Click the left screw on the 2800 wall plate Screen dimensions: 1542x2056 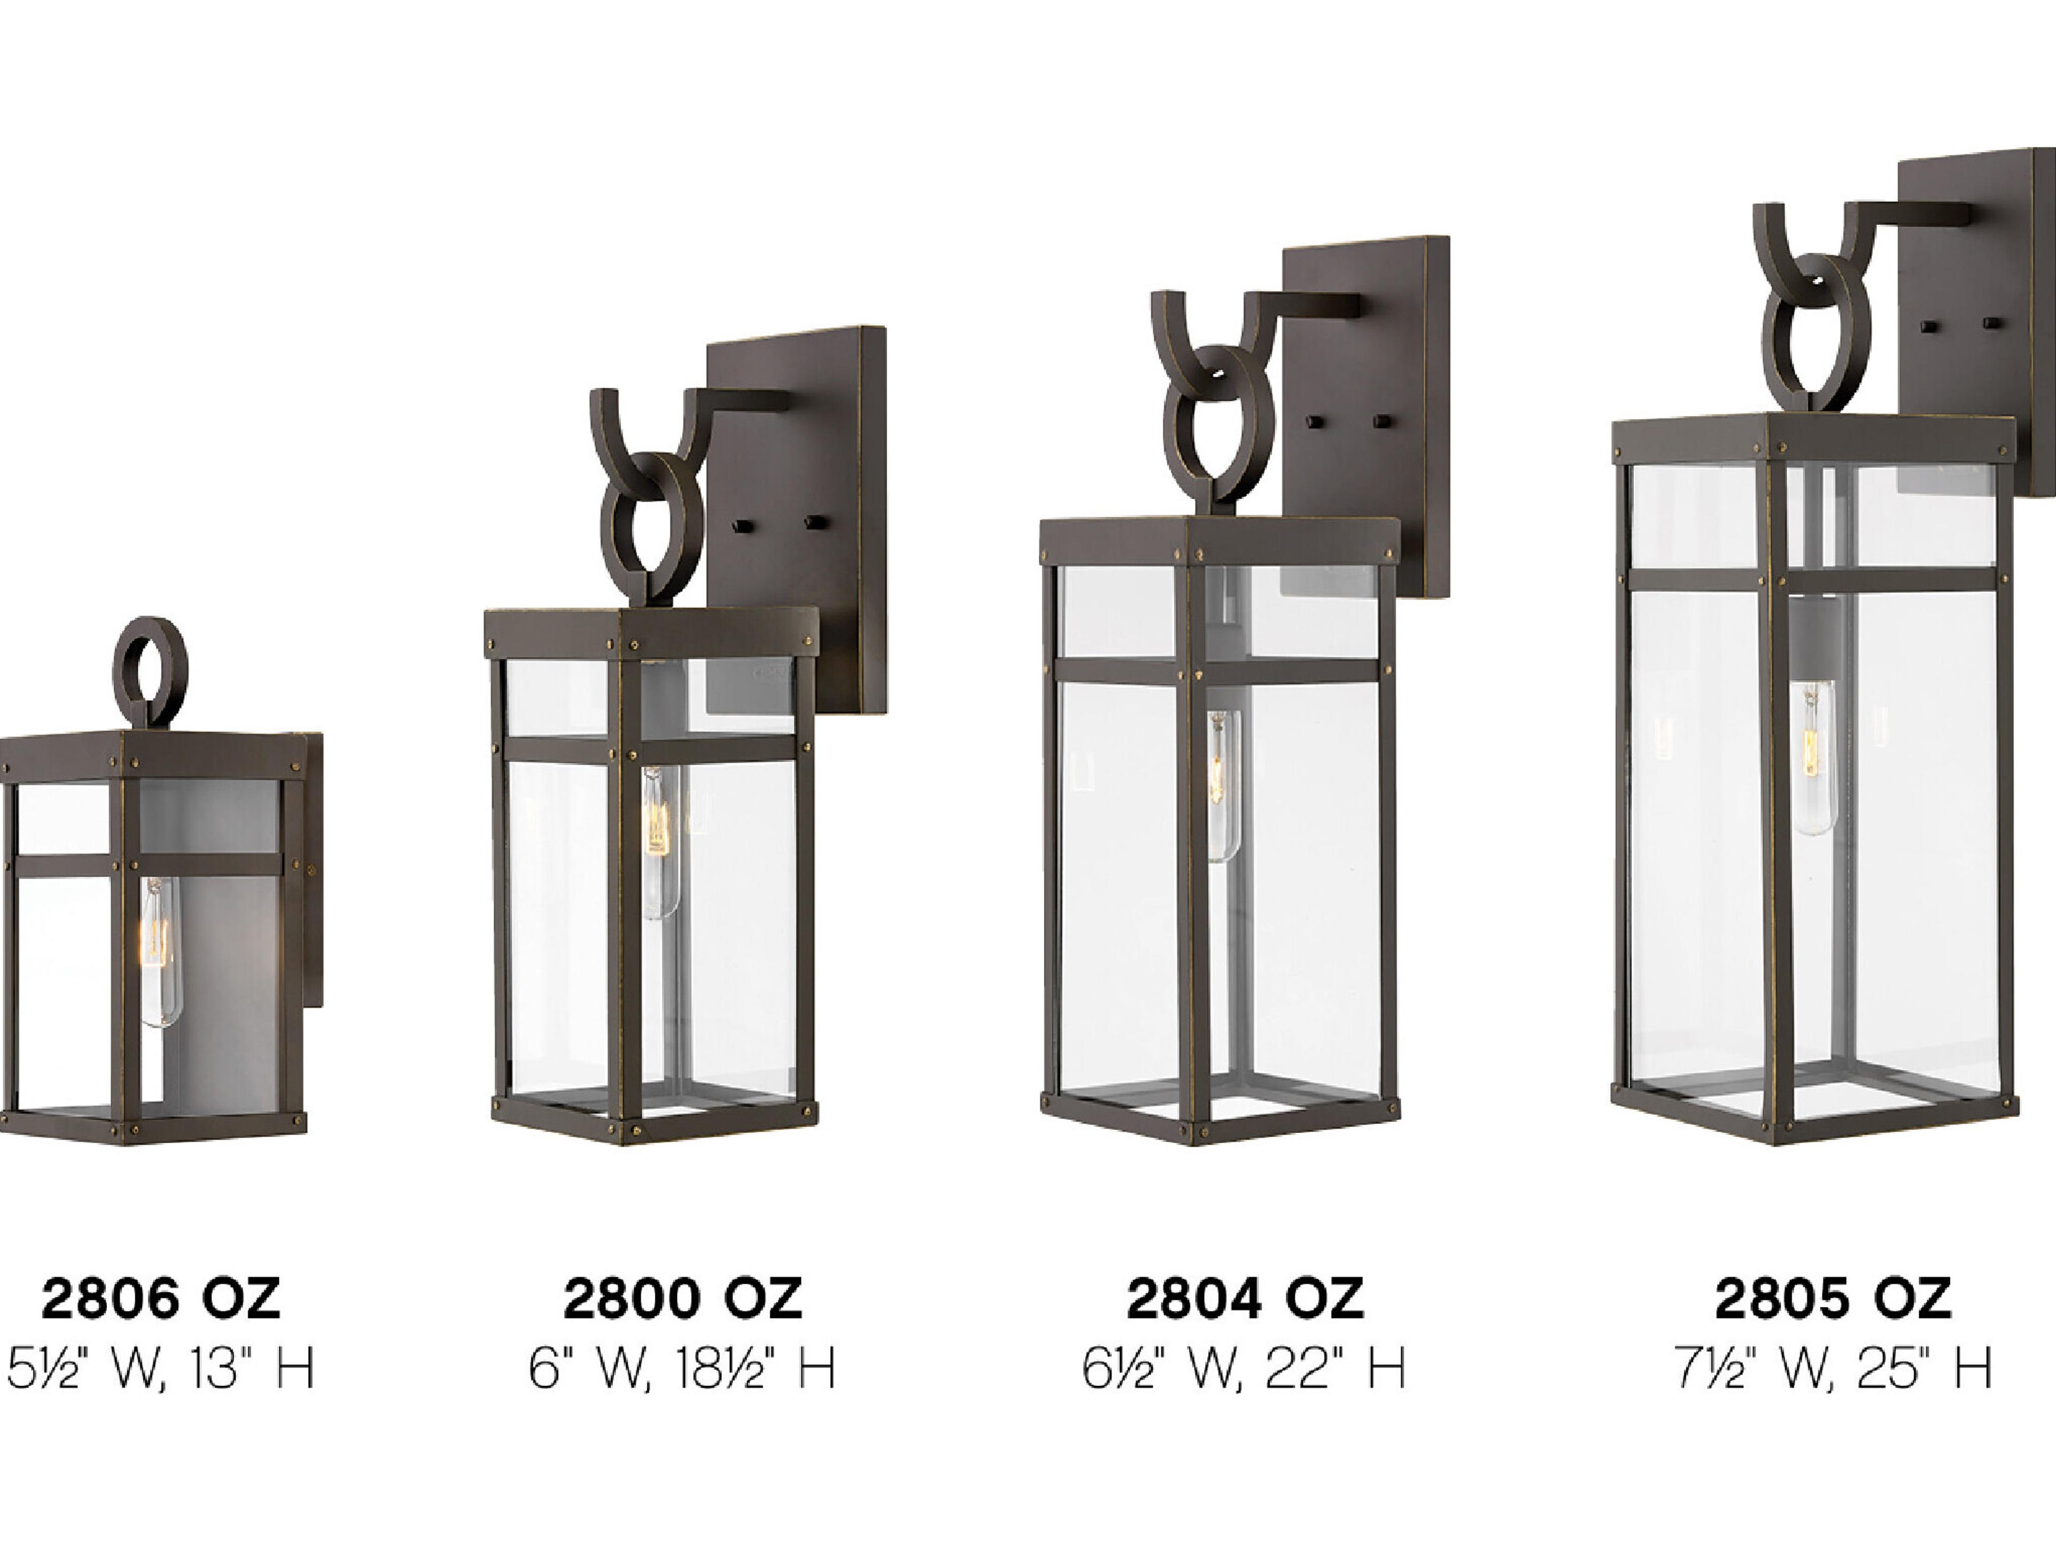742,526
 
